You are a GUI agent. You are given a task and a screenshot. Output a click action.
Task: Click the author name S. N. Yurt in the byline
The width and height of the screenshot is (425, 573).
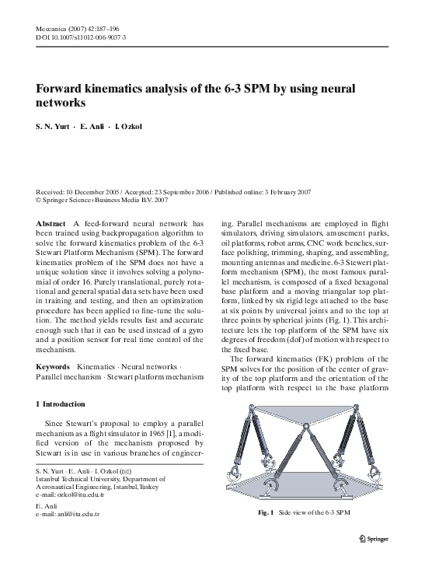point(54,126)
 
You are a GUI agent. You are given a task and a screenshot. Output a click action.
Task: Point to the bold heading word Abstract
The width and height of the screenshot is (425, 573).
point(51,222)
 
